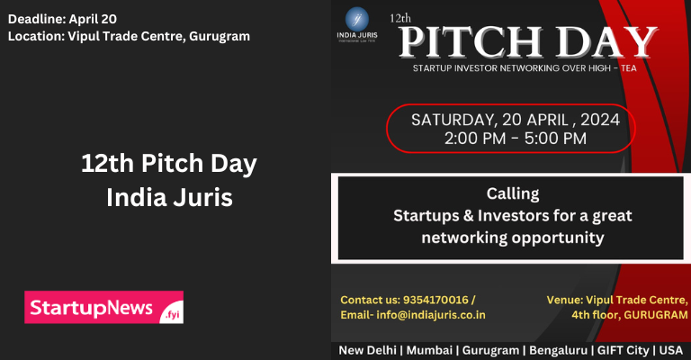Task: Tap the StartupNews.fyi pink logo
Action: [104, 307]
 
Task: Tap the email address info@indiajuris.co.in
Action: [430, 315]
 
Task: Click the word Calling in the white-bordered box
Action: [513, 193]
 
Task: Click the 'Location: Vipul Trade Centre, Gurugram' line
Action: [129, 36]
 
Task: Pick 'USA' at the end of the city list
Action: [670, 349]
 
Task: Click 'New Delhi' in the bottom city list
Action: [369, 349]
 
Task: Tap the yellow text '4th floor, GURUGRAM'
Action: [629, 315]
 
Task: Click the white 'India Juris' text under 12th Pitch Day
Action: [169, 198]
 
